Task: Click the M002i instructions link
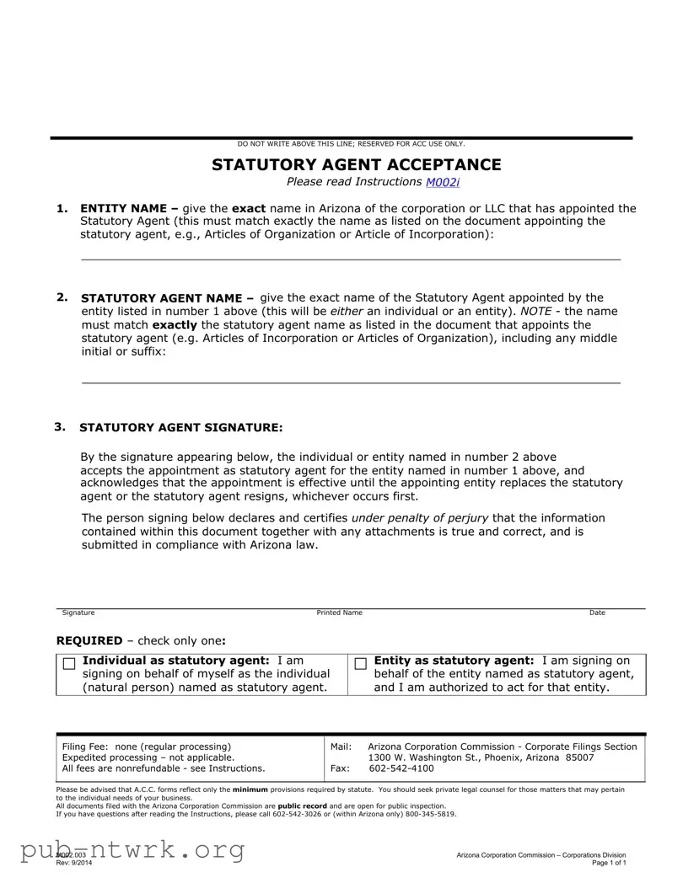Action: point(448,182)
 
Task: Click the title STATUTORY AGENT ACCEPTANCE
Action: point(356,164)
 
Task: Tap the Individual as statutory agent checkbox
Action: point(69,664)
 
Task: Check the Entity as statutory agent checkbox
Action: point(361,664)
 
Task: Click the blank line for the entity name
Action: point(350,258)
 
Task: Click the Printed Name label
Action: point(339,613)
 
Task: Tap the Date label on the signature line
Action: point(597,613)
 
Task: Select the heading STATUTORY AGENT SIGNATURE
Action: point(181,427)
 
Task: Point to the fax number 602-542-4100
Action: point(401,768)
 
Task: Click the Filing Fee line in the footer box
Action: point(146,747)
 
